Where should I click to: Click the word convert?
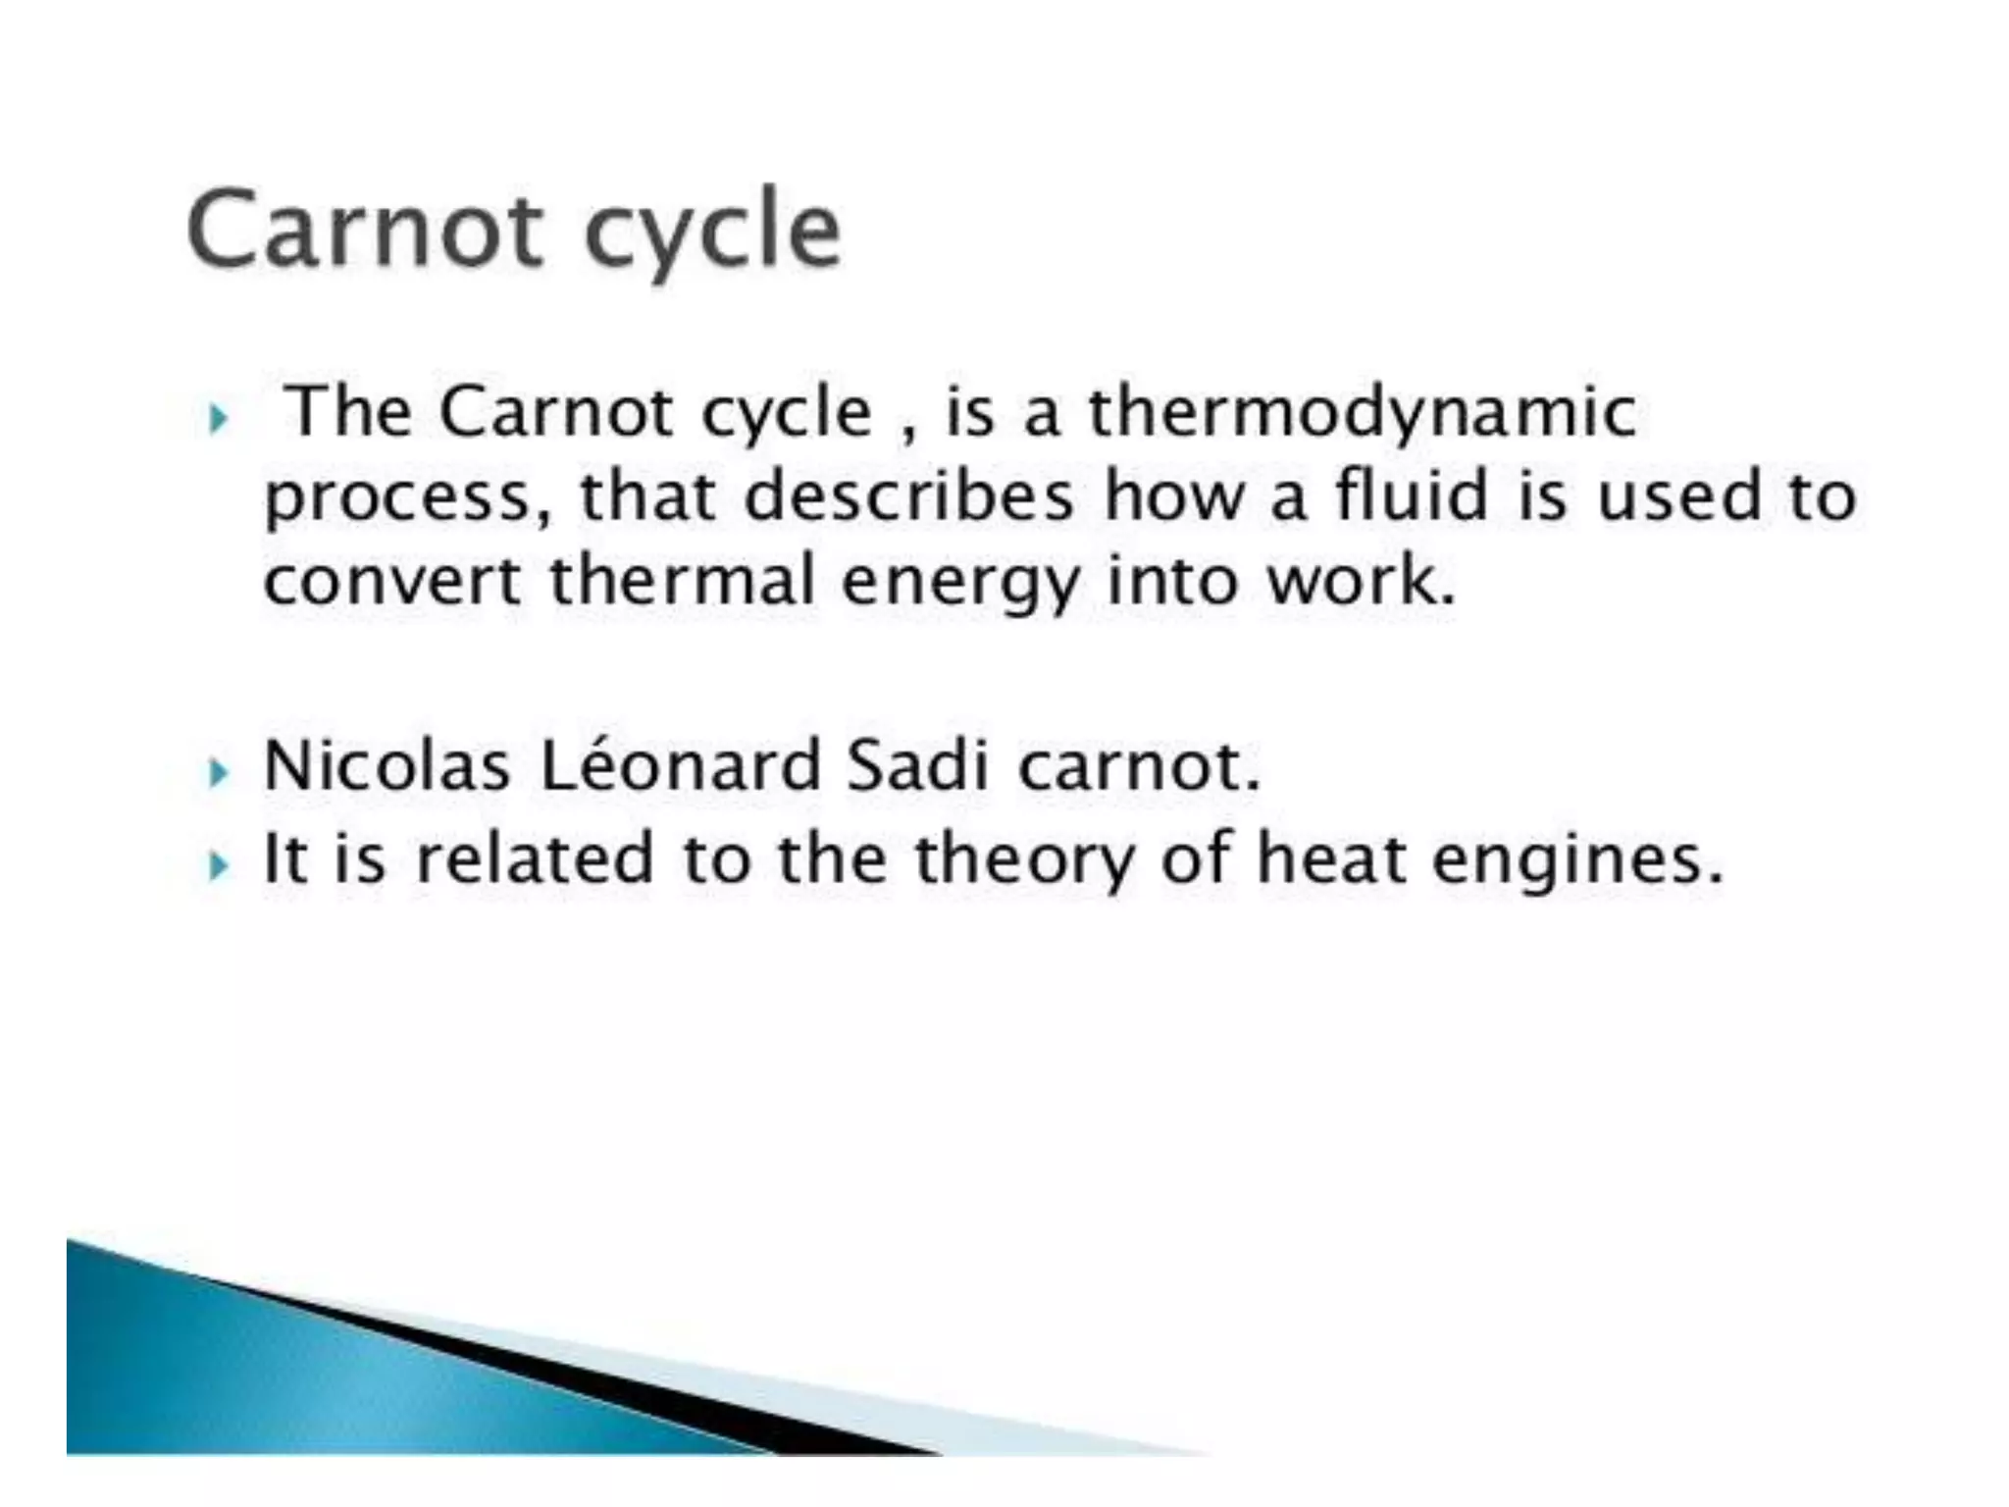392,581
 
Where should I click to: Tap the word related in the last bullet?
534,858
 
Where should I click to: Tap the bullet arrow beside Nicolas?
219,775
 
